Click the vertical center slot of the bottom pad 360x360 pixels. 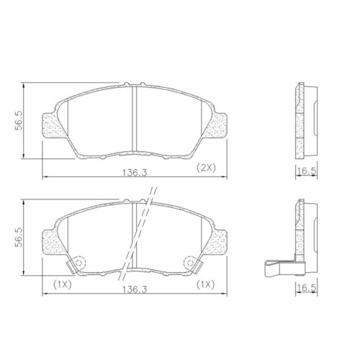(134, 234)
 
